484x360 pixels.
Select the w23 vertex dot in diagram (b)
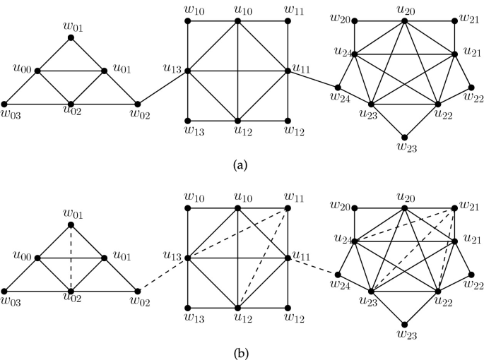click(403, 318)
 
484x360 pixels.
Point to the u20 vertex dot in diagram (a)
click(404, 21)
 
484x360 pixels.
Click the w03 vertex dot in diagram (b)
click(4, 290)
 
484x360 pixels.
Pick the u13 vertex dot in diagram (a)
click(188, 71)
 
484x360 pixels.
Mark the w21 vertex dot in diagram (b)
click(454, 208)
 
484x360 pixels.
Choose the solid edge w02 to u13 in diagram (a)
click(163, 87)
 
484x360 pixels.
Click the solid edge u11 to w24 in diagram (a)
click(313, 79)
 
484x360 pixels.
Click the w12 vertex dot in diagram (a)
click(288, 120)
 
